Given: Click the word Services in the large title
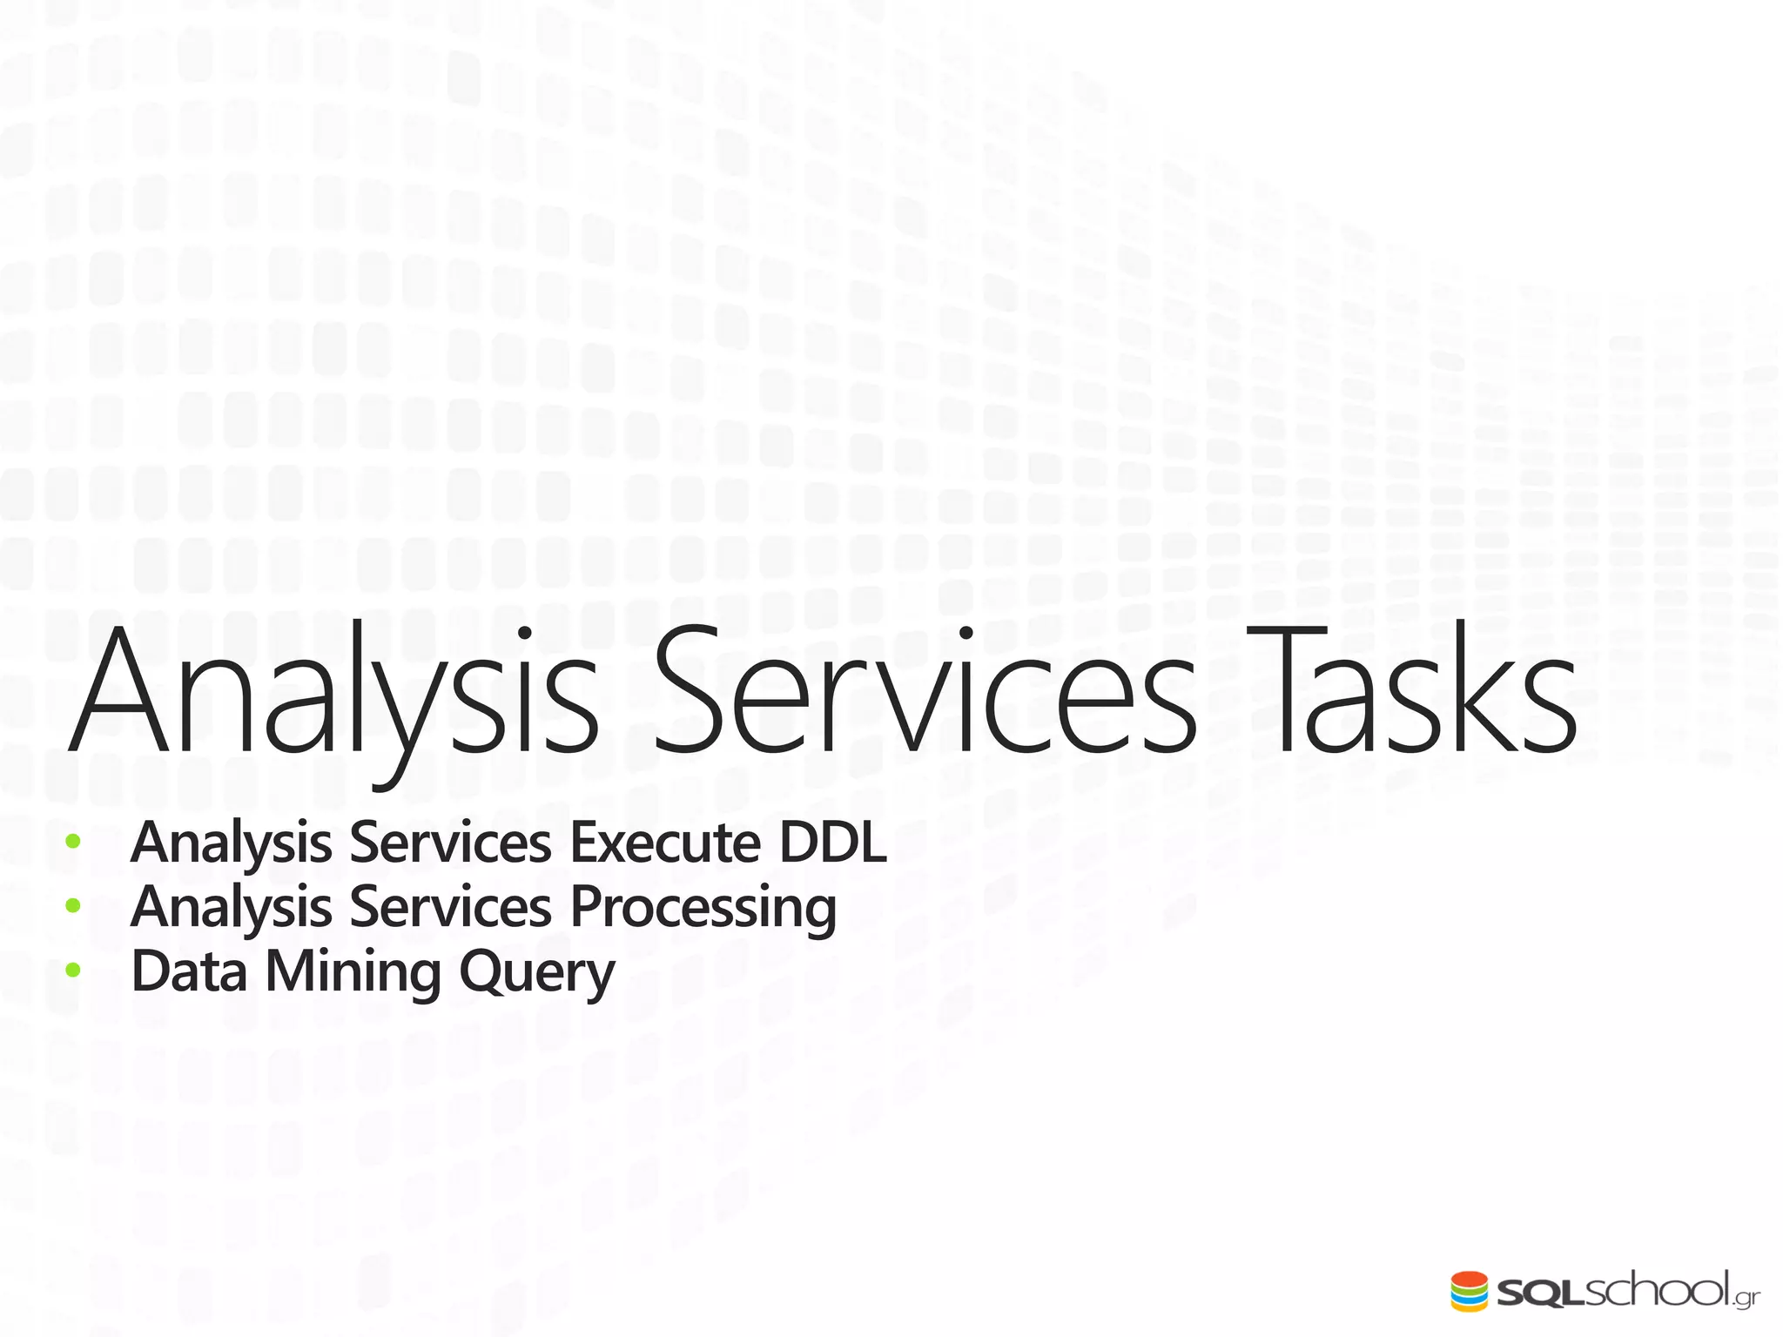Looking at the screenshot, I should pyautogui.click(x=924, y=692).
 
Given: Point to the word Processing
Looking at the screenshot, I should pyautogui.click(x=703, y=908).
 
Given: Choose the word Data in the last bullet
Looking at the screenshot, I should pyautogui.click(x=189, y=971).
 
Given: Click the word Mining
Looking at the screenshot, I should pyautogui.click(x=353, y=973).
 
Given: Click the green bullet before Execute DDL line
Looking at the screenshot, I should pyautogui.click(x=73, y=842).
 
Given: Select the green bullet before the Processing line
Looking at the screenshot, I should pyautogui.click(x=73, y=906).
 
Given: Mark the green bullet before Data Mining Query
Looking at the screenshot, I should pyautogui.click(x=73, y=971).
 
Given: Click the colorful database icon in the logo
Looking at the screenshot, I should pyautogui.click(x=1470, y=1291).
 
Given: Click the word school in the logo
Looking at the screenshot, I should pyautogui.click(x=1655, y=1289).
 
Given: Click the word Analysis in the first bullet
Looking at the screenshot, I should pyautogui.click(x=231, y=844).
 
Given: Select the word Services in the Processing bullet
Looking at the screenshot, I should pyautogui.click(x=450, y=908).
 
